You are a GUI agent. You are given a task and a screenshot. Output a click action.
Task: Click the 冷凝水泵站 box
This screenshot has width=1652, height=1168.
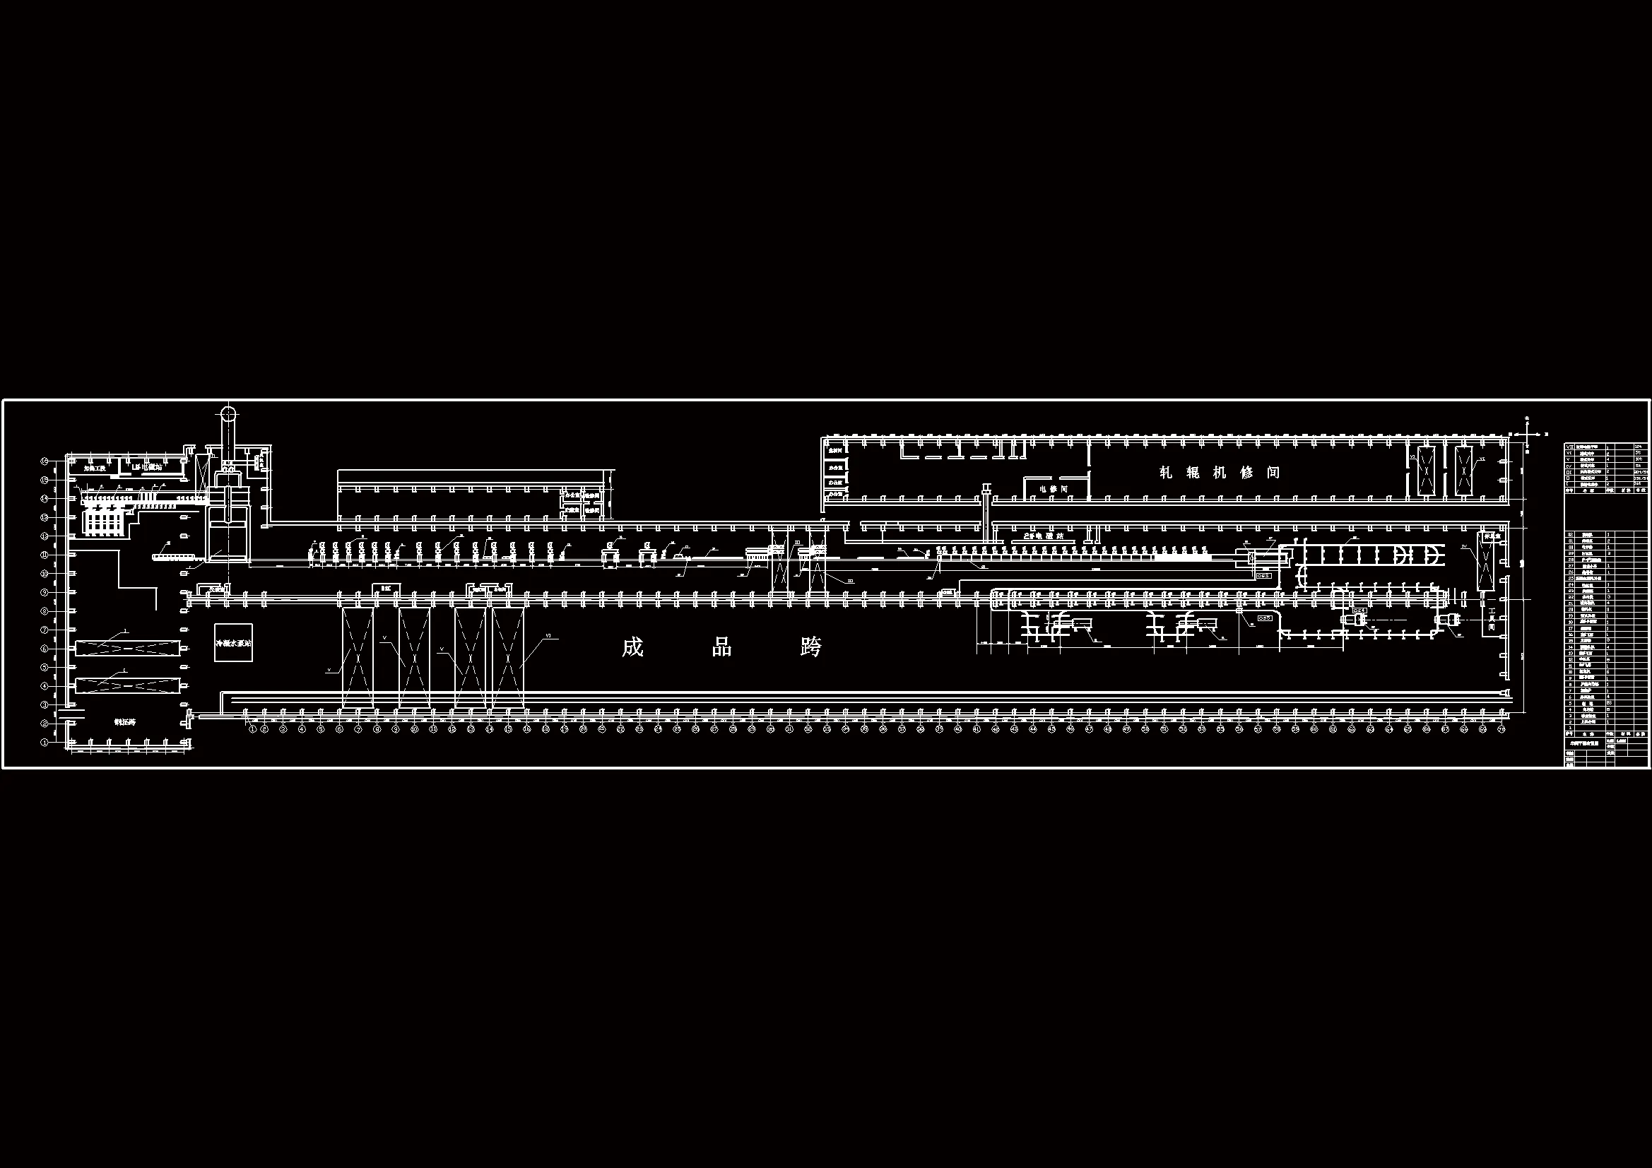pos(234,642)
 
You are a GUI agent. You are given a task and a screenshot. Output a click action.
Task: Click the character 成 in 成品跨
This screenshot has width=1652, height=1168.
pos(632,647)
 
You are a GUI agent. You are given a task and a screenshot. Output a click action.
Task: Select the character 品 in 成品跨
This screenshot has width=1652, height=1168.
pos(721,647)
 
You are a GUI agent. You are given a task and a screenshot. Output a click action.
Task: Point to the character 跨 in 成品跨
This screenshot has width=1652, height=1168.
pos(811,647)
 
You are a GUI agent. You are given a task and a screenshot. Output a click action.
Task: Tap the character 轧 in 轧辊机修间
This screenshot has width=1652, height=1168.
pos(1166,473)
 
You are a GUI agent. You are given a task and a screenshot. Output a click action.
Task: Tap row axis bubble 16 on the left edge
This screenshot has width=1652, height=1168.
pos(45,460)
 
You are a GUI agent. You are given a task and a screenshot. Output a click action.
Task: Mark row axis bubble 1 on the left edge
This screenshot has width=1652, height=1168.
pos(45,742)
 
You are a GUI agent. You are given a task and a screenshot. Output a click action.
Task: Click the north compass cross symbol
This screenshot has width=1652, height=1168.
pos(1526,433)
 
